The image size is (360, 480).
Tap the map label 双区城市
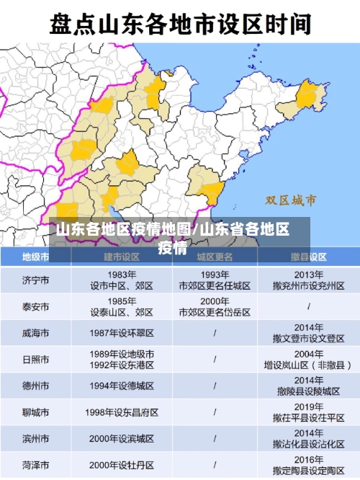(x=291, y=199)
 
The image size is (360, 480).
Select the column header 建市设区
(x=122, y=257)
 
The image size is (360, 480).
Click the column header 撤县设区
(x=309, y=257)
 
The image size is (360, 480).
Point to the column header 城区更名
(x=215, y=257)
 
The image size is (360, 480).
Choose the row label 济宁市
(x=35, y=280)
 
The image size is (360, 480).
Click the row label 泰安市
(x=35, y=306)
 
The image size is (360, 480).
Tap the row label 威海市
(x=35, y=333)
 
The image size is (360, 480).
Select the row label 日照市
(x=35, y=360)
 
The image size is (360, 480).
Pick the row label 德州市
(x=35, y=386)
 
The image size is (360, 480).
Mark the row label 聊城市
(x=35, y=413)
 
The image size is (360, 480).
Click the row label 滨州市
(x=35, y=439)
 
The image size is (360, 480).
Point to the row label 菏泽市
(x=35, y=465)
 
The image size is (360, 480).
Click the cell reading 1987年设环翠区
(x=122, y=333)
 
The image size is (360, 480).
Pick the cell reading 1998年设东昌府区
(x=122, y=413)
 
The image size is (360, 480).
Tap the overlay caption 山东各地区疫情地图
(x=122, y=230)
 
